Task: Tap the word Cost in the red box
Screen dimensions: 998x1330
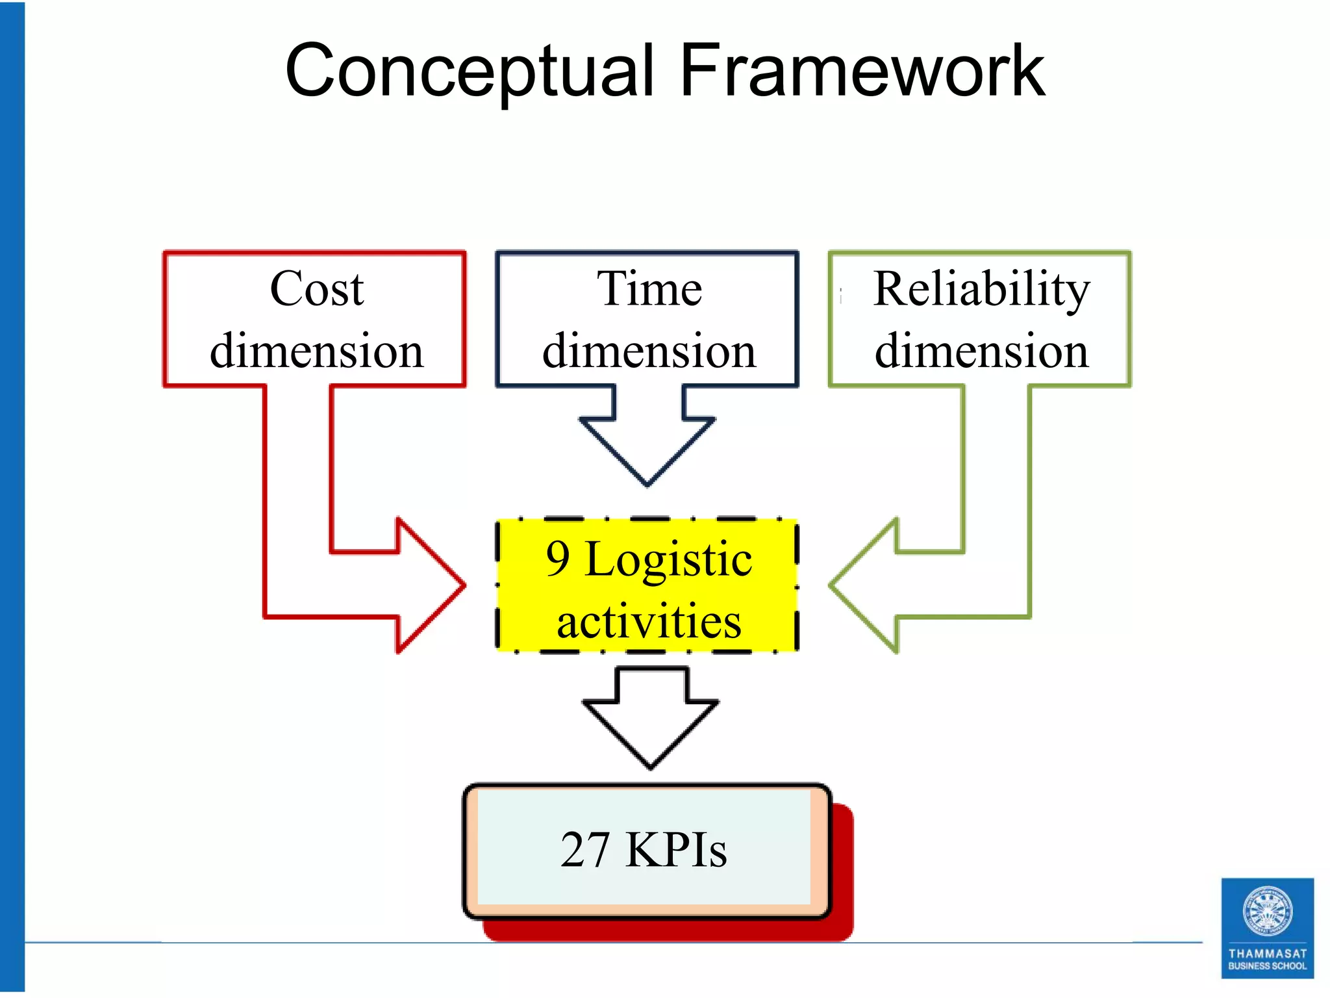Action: point(317,288)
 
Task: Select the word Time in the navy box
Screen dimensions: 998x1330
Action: point(649,288)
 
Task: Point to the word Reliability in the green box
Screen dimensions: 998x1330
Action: point(981,288)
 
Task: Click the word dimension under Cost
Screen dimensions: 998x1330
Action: point(317,351)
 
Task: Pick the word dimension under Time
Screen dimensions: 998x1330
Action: point(649,351)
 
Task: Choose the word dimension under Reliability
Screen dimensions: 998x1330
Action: point(981,351)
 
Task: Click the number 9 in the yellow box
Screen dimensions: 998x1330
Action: point(558,559)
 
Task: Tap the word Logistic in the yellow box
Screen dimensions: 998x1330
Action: point(668,559)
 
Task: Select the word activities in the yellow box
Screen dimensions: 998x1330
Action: point(649,621)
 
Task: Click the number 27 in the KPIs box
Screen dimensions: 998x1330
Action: point(585,849)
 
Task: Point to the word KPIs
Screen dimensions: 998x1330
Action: point(675,849)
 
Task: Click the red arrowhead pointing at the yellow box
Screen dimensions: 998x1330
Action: point(425,585)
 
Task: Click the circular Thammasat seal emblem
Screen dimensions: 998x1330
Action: point(1267,911)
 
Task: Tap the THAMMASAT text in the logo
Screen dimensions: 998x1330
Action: point(1267,953)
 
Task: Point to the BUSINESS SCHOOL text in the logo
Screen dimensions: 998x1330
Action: point(1267,966)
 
